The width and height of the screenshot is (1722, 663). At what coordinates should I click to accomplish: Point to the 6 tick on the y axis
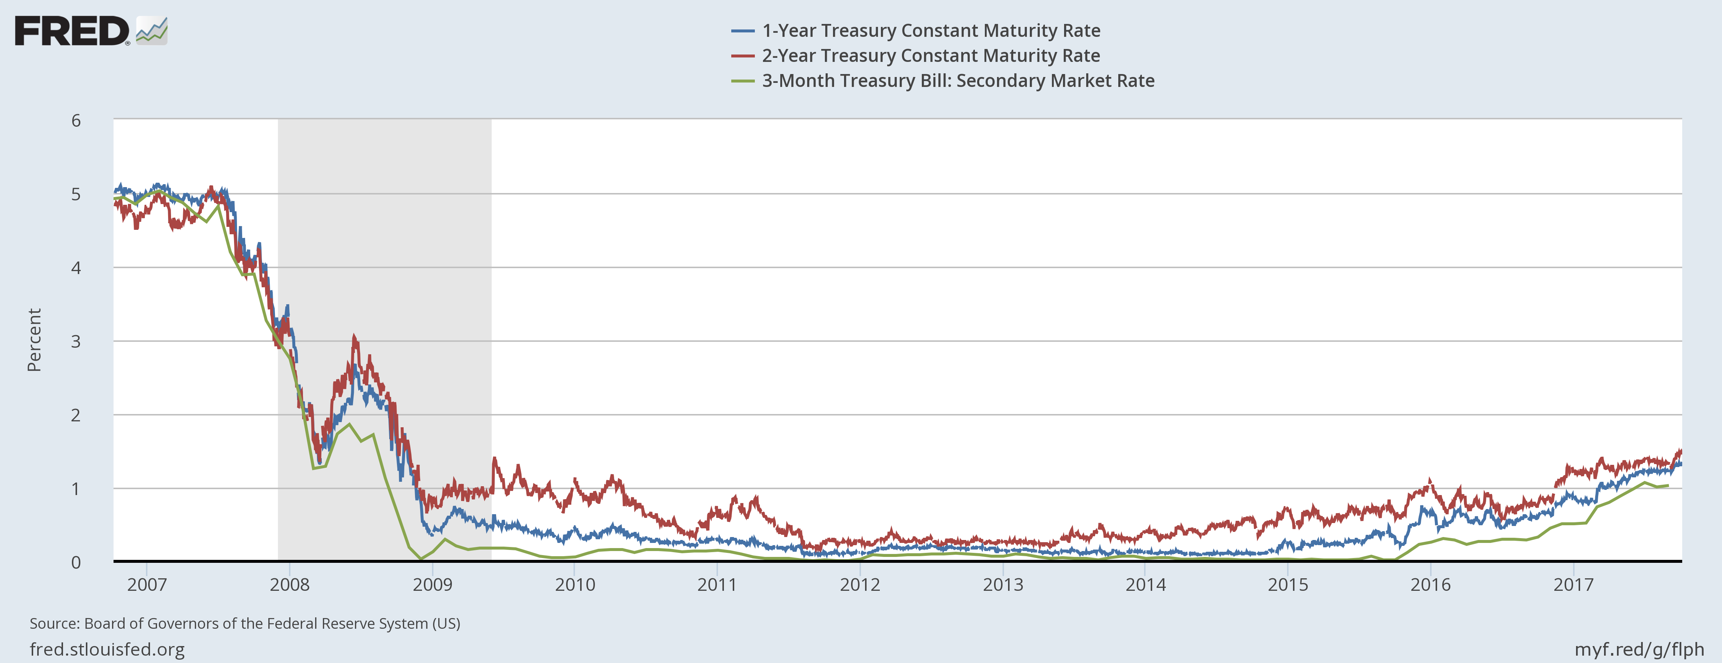tap(76, 120)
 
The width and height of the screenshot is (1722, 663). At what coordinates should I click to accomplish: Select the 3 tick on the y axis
tap(76, 341)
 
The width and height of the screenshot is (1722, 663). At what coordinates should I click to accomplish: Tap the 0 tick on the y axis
tap(76, 562)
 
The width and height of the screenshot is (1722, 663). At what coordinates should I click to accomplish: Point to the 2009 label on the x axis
tap(432, 585)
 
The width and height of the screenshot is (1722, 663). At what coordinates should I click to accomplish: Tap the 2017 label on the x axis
tap(1573, 585)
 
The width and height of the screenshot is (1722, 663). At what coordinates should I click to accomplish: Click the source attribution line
tap(245, 624)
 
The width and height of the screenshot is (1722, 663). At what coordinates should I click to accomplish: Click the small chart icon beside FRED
tap(152, 31)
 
